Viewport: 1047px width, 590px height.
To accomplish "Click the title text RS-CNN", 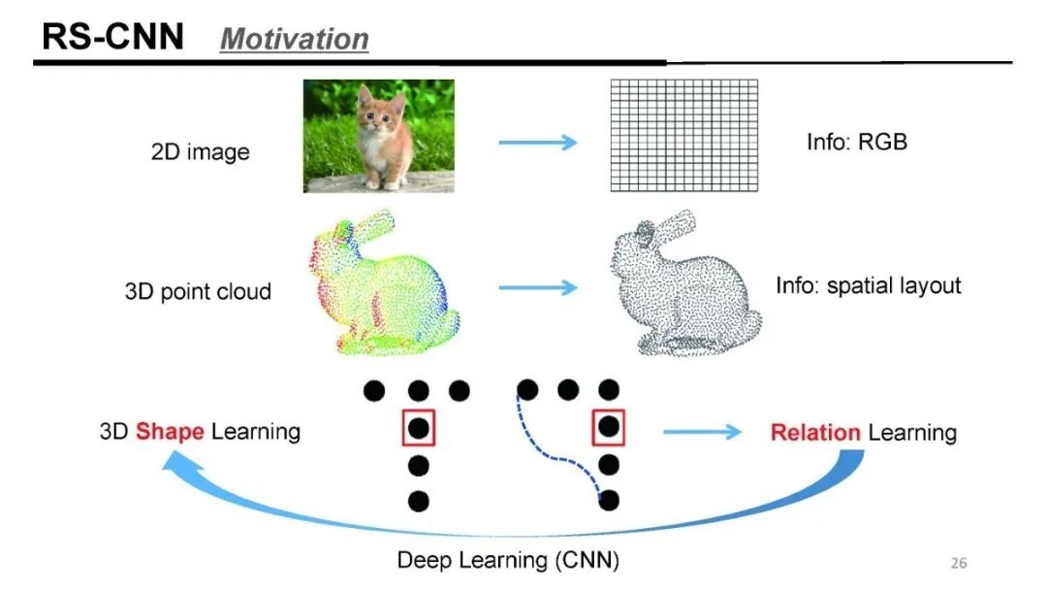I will click(112, 37).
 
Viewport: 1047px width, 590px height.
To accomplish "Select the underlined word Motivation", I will click(295, 39).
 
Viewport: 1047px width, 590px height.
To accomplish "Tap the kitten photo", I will click(378, 136).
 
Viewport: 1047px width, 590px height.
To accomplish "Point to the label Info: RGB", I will click(857, 142).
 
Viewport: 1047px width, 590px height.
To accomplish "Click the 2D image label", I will click(201, 152).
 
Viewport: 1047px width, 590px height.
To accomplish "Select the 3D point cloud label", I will click(198, 291).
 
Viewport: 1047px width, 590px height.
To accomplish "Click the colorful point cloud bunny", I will click(383, 283).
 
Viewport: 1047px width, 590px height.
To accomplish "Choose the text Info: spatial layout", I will click(869, 286).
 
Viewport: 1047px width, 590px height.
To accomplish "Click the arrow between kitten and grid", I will click(537, 143).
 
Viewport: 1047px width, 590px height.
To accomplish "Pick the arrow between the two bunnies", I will click(537, 288).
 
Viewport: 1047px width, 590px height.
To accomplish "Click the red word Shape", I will click(170, 431).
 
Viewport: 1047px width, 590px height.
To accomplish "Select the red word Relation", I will click(815, 433).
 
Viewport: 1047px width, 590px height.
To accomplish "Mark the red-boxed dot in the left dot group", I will click(419, 427).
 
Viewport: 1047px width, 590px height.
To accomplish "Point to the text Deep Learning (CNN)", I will click(508, 560).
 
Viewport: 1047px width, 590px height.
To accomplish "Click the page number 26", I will click(958, 563).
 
